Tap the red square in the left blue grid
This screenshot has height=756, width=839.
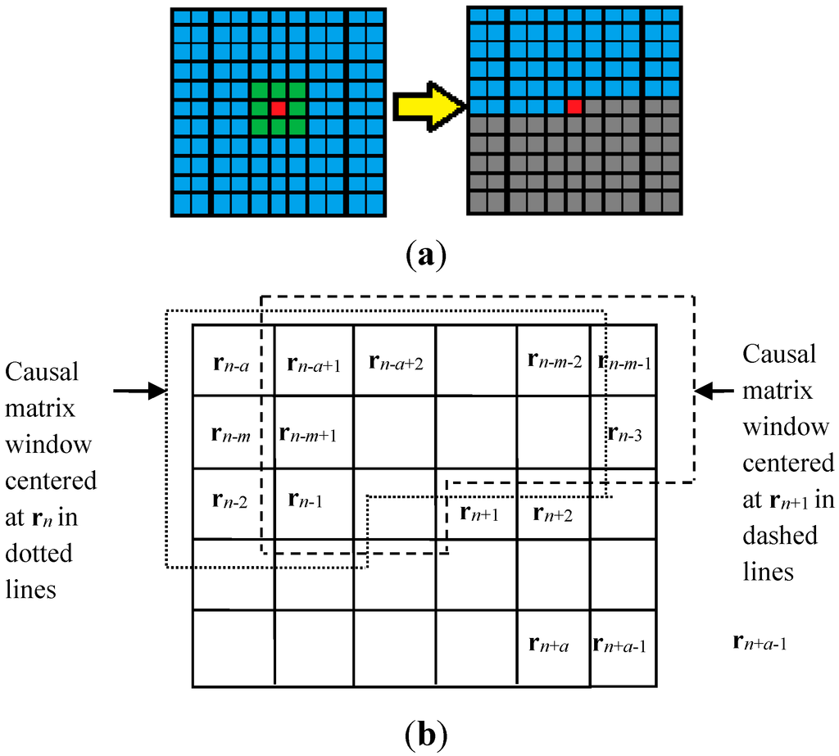pos(279,108)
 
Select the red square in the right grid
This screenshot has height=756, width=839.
pos(574,106)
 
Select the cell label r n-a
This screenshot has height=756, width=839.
pos(234,362)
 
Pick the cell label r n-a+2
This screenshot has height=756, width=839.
pos(397,362)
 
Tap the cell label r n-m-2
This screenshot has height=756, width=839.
pos(556,360)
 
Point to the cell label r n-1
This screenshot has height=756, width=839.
pos(308,500)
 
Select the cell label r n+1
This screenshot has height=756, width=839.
pos(478,514)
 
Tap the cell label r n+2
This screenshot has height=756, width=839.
pos(554,514)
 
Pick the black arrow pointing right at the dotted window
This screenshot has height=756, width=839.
pos(138,392)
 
